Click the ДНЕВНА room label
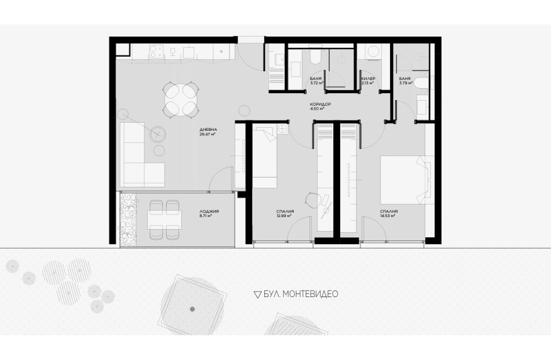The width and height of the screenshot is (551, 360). (x=208, y=130)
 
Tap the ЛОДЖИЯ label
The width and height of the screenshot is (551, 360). (x=209, y=211)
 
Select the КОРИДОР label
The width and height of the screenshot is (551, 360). (x=320, y=104)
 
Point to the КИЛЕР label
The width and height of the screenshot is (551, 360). (x=368, y=79)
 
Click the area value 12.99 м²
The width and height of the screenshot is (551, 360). (x=284, y=216)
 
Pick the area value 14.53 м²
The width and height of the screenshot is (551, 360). (x=387, y=216)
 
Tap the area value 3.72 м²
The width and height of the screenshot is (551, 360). (x=317, y=83)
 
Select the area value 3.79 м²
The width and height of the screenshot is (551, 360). (x=406, y=83)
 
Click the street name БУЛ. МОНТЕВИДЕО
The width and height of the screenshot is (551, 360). (x=301, y=294)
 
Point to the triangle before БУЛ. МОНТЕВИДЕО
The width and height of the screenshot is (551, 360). (x=258, y=295)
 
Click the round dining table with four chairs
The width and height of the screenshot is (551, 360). (x=181, y=99)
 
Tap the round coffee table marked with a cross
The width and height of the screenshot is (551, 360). (x=158, y=134)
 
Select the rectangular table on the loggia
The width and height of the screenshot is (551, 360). (x=164, y=220)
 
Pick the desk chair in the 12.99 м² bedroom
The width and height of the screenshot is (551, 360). (x=313, y=201)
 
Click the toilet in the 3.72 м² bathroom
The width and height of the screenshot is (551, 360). (x=315, y=57)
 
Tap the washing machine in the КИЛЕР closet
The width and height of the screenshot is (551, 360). (x=372, y=52)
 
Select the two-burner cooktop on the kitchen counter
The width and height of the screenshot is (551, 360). (x=155, y=52)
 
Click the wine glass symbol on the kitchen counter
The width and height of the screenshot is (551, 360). (x=172, y=52)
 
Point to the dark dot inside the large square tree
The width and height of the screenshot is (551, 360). (x=192, y=310)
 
